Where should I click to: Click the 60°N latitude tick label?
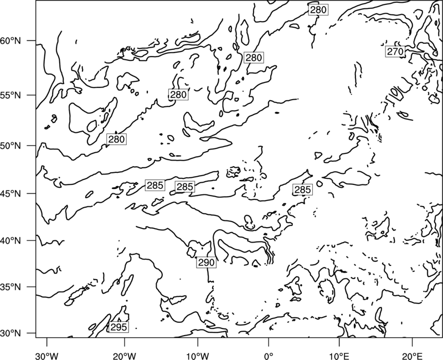coord(11,41)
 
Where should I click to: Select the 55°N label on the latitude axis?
coord(11,95)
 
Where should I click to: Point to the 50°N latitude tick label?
coord(11,146)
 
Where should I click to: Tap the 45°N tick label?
coord(11,193)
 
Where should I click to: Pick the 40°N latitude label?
coord(11,241)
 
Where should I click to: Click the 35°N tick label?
coord(11,287)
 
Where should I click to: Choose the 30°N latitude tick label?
coord(11,333)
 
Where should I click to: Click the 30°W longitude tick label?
coord(47,356)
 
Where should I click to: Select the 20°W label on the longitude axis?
coord(125,356)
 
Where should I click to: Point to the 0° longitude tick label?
coord(269,356)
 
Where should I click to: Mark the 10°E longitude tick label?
coord(339,356)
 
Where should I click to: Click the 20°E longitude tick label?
coord(412,356)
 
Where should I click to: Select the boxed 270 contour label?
coord(395,52)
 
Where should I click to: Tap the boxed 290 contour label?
coord(207,263)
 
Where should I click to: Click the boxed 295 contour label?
coord(119,327)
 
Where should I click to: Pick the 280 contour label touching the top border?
coord(318,10)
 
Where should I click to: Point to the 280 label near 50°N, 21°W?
coord(116,140)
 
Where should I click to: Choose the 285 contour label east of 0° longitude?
coord(302,189)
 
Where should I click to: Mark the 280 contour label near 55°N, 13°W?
coord(178,94)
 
